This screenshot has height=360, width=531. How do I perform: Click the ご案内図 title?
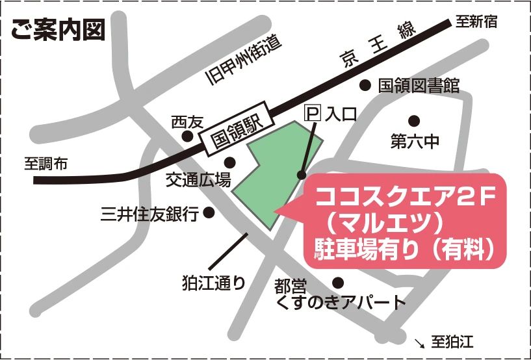click(58, 31)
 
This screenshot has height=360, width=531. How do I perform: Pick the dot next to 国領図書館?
click(365, 85)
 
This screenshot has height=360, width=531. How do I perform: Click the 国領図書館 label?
click(419, 86)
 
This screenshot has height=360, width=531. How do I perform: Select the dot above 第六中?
click(413, 120)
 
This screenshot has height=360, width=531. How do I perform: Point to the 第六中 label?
click(415, 142)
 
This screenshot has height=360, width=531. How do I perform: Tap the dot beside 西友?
click(187, 136)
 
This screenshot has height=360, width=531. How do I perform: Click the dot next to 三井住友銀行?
click(209, 212)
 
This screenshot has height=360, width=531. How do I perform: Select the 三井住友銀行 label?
click(149, 213)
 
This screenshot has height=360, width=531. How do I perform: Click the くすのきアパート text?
click(341, 302)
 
